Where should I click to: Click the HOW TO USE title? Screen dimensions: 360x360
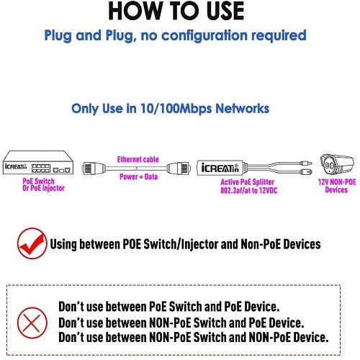(x=176, y=11)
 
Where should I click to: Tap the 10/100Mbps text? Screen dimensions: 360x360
(x=176, y=109)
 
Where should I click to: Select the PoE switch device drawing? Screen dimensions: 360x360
(x=38, y=162)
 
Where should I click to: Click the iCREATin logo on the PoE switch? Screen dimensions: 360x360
(x=16, y=166)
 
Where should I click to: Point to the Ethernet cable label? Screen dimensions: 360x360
(x=138, y=159)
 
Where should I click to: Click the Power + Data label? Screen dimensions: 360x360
(x=138, y=177)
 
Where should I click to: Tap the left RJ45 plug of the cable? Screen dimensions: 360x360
(x=94, y=168)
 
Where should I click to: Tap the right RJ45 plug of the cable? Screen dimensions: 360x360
(x=179, y=168)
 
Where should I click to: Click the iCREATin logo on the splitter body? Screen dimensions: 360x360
(x=220, y=168)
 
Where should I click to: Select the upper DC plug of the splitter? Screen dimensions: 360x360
(x=305, y=163)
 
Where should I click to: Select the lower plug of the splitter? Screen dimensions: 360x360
(x=306, y=172)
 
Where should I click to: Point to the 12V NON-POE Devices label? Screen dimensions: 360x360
(x=337, y=186)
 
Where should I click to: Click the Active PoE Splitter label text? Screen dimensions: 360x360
(x=247, y=182)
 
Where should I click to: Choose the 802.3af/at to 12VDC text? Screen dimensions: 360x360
(x=249, y=190)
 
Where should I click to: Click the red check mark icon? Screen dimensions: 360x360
(x=32, y=243)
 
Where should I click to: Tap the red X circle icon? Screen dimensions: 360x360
(x=32, y=323)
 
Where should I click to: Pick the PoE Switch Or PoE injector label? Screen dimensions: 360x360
(x=43, y=184)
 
